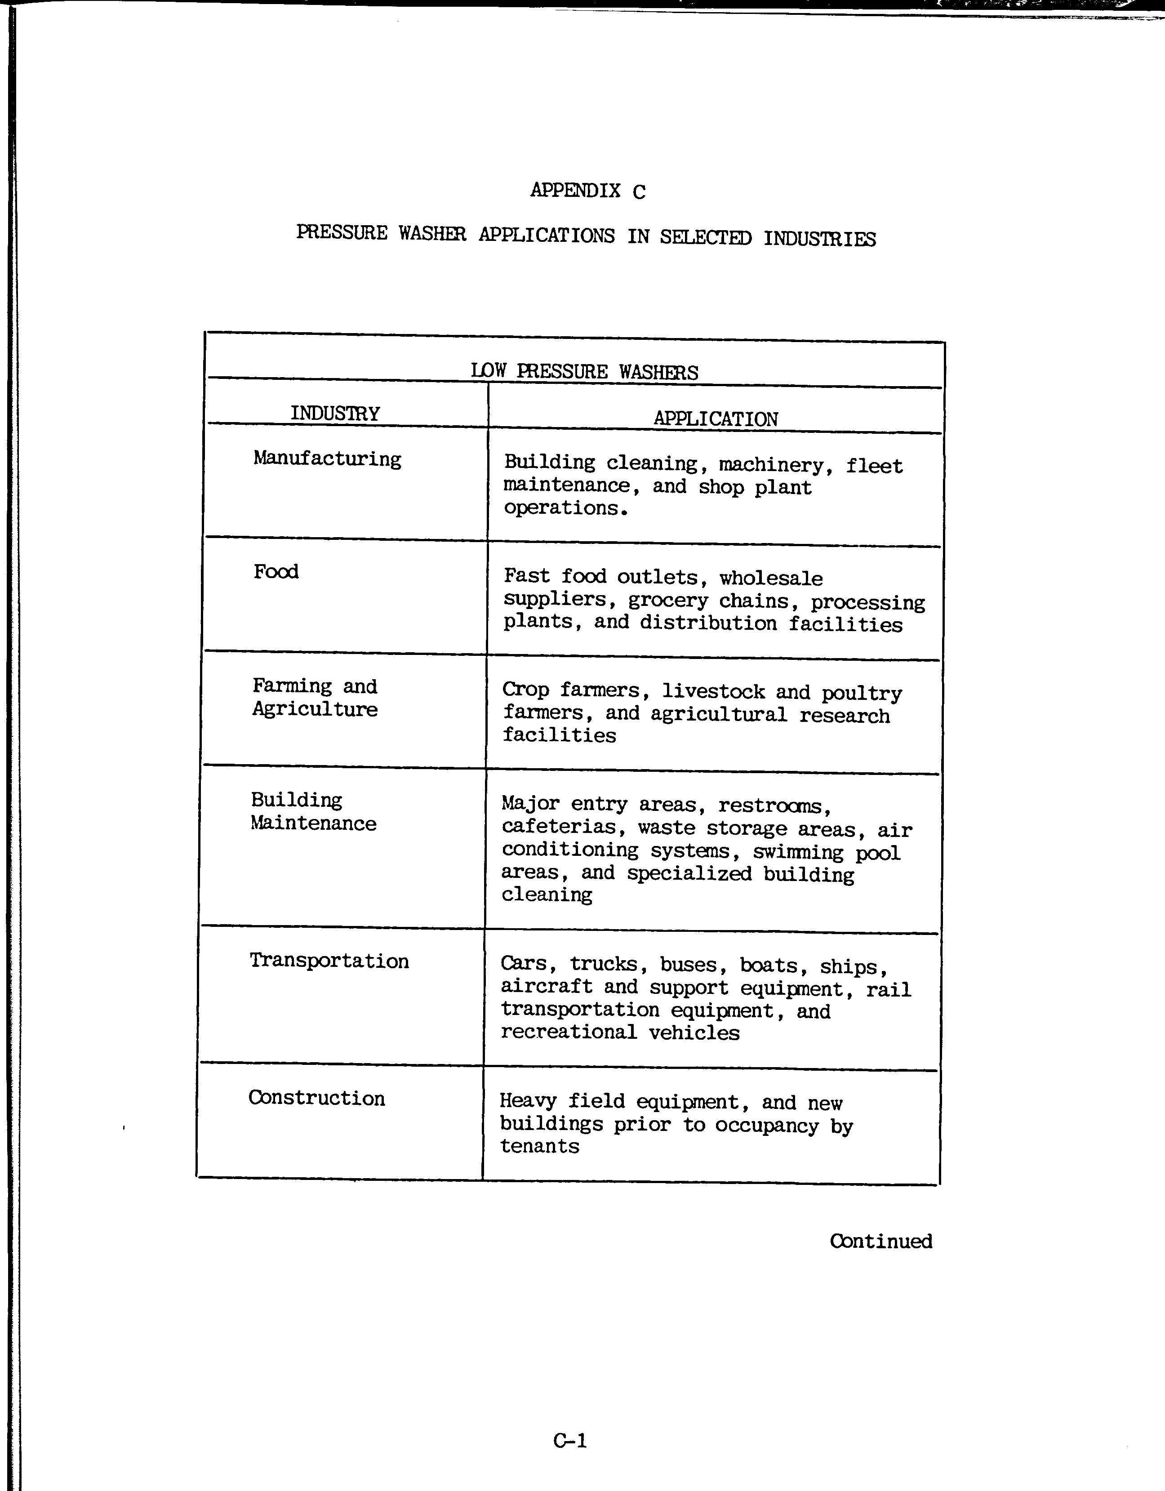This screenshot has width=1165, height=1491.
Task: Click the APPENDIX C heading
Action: point(587,191)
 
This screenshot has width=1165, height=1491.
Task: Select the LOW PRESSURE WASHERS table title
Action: point(584,372)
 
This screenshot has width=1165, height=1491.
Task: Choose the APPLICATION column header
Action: point(715,418)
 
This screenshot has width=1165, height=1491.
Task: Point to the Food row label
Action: point(276,571)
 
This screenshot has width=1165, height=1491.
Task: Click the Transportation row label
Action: point(329,961)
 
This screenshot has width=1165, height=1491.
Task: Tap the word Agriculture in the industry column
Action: point(315,709)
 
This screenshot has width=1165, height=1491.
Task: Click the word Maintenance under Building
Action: point(313,823)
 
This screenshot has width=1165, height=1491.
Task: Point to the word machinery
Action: point(770,465)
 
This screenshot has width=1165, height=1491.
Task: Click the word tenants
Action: point(539,1146)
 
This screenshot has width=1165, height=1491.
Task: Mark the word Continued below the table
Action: point(880,1241)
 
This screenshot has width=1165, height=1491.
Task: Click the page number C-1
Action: point(570,1441)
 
